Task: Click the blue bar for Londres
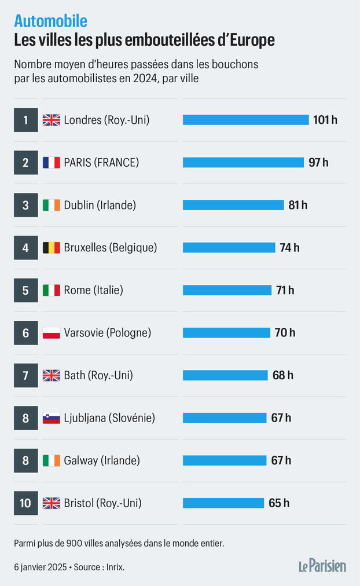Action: (x=245, y=120)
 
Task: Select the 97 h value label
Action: (x=318, y=163)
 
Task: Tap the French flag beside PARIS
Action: (x=51, y=163)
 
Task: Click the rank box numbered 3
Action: (x=25, y=205)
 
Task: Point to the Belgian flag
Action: (x=51, y=248)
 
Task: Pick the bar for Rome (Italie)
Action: (x=227, y=290)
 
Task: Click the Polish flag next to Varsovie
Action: (x=51, y=333)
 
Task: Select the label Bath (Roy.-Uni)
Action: (x=98, y=375)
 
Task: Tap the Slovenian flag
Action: (x=51, y=418)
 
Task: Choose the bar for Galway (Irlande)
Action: (x=225, y=460)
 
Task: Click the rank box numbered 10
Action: (x=25, y=503)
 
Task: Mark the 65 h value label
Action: (x=279, y=503)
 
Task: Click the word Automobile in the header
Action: (x=51, y=21)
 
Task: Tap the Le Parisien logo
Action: (x=322, y=565)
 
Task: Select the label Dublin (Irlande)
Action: (x=100, y=205)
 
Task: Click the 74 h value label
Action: (x=289, y=248)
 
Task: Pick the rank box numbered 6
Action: (x=25, y=333)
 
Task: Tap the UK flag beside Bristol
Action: (x=51, y=503)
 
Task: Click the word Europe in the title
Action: (x=251, y=41)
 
